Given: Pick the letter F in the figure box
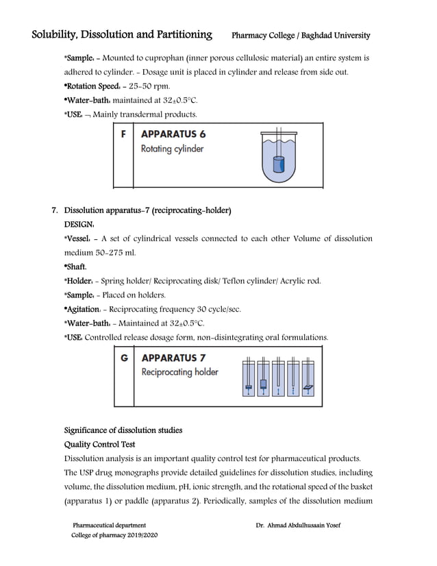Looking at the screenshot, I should pyautogui.click(x=123, y=135).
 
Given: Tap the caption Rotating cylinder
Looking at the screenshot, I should pyautogui.click(x=172, y=149).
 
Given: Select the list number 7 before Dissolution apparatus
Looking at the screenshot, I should pyautogui.click(x=54, y=210).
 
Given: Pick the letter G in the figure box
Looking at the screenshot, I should pyautogui.click(x=123, y=358).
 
